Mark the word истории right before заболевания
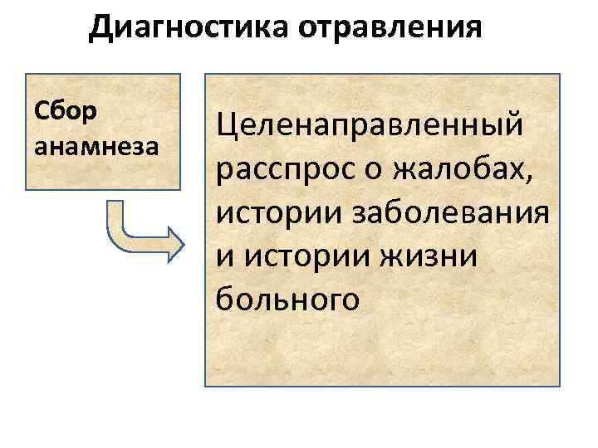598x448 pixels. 270,212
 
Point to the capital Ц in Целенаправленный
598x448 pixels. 227,128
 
